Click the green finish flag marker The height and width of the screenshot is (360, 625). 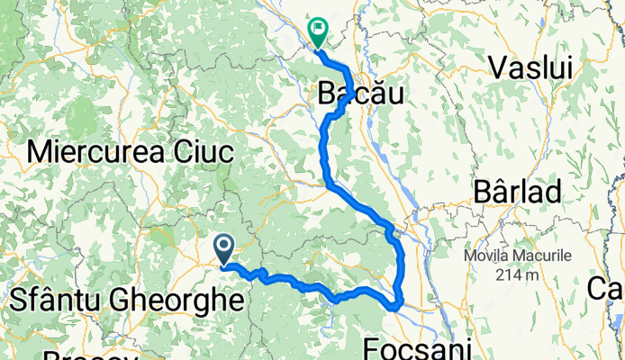pos(319,31)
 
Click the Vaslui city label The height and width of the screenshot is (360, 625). pos(532,66)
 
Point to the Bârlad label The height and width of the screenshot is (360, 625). pos(520,192)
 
